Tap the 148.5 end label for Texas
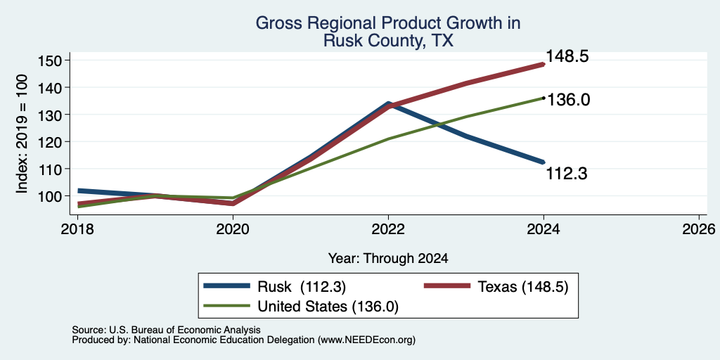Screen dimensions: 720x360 point(567,57)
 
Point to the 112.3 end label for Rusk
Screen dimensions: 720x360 point(567,174)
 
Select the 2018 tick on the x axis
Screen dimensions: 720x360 point(77,229)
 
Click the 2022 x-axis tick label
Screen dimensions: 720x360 point(388,229)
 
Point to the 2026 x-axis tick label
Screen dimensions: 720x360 point(700,229)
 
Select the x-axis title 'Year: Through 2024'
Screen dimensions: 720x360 point(388,259)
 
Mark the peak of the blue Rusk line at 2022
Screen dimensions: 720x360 point(388,104)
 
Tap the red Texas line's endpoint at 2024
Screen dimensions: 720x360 point(544,64)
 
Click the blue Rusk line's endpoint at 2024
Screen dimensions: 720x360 point(544,162)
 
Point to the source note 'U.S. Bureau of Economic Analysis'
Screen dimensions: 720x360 point(185,330)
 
